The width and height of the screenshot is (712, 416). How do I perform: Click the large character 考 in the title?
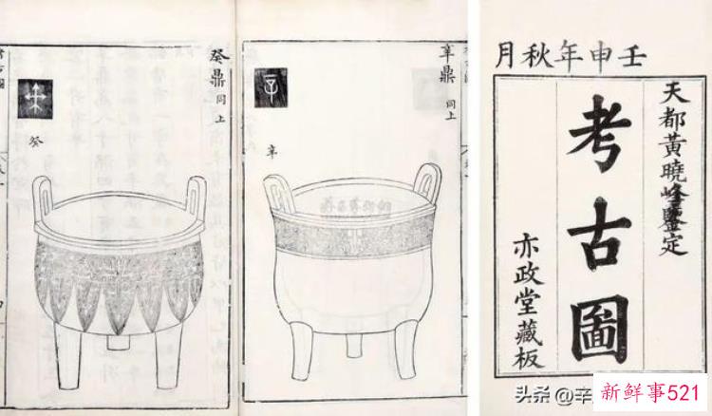[x=601, y=141]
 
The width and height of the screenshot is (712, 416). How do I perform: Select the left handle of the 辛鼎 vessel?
[x=278, y=187]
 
